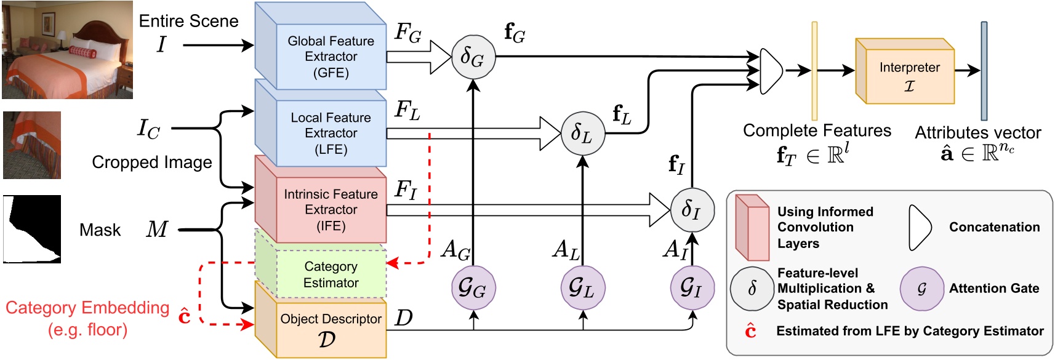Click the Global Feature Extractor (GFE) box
(x=331, y=57)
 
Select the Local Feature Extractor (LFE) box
(x=331, y=133)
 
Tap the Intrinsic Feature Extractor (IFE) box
(x=331, y=209)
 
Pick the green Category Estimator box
(x=331, y=274)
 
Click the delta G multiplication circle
(x=473, y=57)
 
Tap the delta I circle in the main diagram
(x=692, y=210)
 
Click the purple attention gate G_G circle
(x=473, y=288)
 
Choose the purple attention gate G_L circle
(x=582, y=288)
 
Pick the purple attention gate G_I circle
(x=692, y=288)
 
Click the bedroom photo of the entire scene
(x=67, y=50)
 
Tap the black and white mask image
(x=32, y=229)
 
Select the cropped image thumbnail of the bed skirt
(x=32, y=145)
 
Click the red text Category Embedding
(x=87, y=308)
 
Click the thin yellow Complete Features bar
(x=814, y=71)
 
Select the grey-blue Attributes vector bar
(x=984, y=71)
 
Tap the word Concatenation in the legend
(x=994, y=227)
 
